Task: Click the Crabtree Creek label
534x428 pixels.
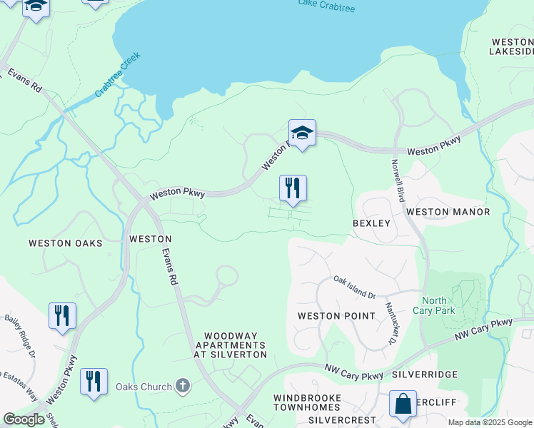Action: [118, 75]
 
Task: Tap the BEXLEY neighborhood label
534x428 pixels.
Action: [372, 223]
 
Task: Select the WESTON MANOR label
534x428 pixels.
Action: [448, 212]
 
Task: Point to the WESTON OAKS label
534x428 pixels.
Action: [65, 243]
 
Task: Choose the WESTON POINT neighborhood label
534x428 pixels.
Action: [336, 316]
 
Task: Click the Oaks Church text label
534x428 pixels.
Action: [143, 387]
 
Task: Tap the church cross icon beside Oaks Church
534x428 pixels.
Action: [183, 387]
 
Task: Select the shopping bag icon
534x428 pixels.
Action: [403, 403]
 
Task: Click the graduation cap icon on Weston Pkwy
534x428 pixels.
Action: [303, 133]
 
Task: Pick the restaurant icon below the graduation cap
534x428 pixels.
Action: [293, 188]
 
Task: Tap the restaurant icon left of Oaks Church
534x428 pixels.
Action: [94, 381]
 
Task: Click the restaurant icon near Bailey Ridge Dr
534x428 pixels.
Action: [62, 315]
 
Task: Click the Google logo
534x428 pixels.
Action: [24, 419]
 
